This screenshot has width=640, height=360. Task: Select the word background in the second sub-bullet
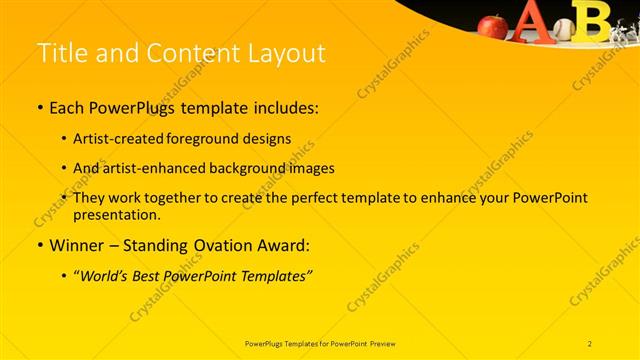(250, 168)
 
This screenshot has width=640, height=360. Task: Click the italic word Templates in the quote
(275, 275)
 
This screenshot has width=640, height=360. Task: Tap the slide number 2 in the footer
(590, 343)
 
